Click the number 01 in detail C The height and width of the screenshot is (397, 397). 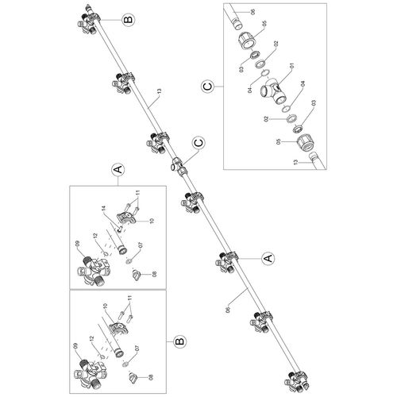292,67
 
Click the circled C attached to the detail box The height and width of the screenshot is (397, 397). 208,87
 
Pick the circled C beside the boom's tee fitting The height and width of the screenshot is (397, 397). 199,143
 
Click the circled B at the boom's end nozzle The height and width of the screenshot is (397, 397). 128,20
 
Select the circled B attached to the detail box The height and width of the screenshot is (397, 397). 180,341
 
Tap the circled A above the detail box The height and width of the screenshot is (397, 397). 118,170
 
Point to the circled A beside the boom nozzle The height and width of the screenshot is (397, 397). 268,258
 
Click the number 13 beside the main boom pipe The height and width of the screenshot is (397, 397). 159,92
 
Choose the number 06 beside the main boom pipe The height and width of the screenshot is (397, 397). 228,310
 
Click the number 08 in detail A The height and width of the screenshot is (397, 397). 155,274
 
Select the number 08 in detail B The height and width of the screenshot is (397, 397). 151,377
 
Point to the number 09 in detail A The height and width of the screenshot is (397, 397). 78,244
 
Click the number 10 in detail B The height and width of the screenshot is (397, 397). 105,306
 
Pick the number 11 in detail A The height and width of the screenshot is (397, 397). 138,194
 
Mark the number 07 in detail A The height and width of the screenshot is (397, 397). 141,245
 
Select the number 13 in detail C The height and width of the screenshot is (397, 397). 296,162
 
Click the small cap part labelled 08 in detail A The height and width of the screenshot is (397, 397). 137,274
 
